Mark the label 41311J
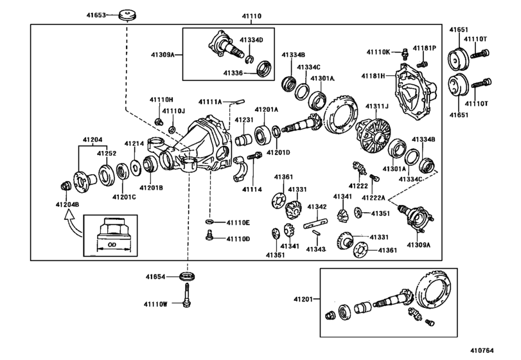click(x=378, y=106)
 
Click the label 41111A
click(x=210, y=102)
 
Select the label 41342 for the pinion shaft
click(x=317, y=207)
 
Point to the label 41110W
click(x=155, y=303)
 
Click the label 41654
click(x=155, y=277)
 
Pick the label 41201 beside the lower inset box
click(x=303, y=300)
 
